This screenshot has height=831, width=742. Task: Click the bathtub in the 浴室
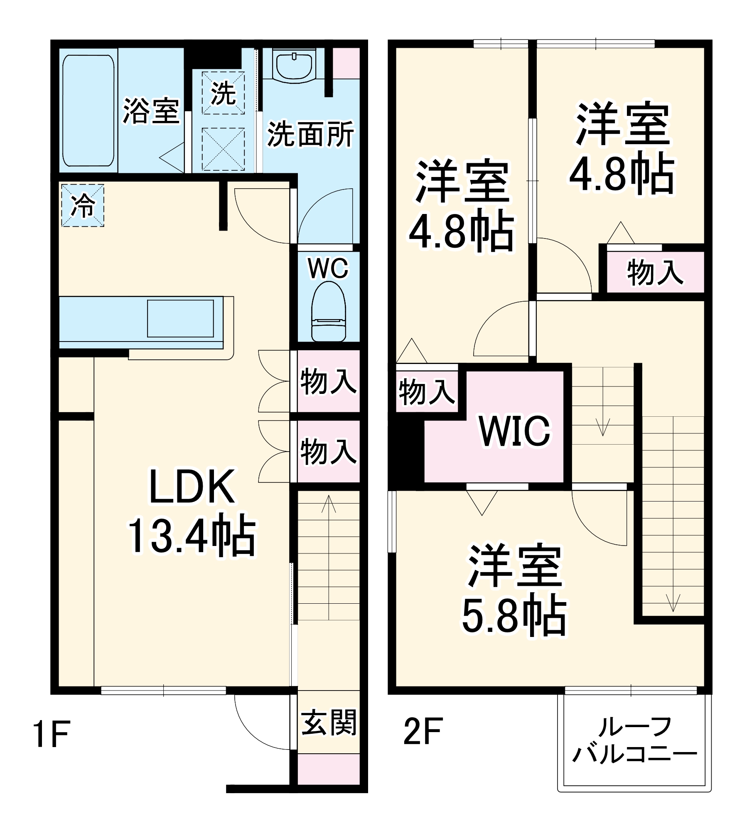88,111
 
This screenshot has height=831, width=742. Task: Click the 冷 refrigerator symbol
83,206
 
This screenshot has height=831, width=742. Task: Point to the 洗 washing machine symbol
223,92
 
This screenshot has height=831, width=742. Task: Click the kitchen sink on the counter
181,318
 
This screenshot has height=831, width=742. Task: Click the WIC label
515,430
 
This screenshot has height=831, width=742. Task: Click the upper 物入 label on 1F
328,381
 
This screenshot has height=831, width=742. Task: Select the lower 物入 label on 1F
328,452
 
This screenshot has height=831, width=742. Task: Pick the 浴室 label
151,111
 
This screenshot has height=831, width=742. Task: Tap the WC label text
328,269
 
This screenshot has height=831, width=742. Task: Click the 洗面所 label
310,134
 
